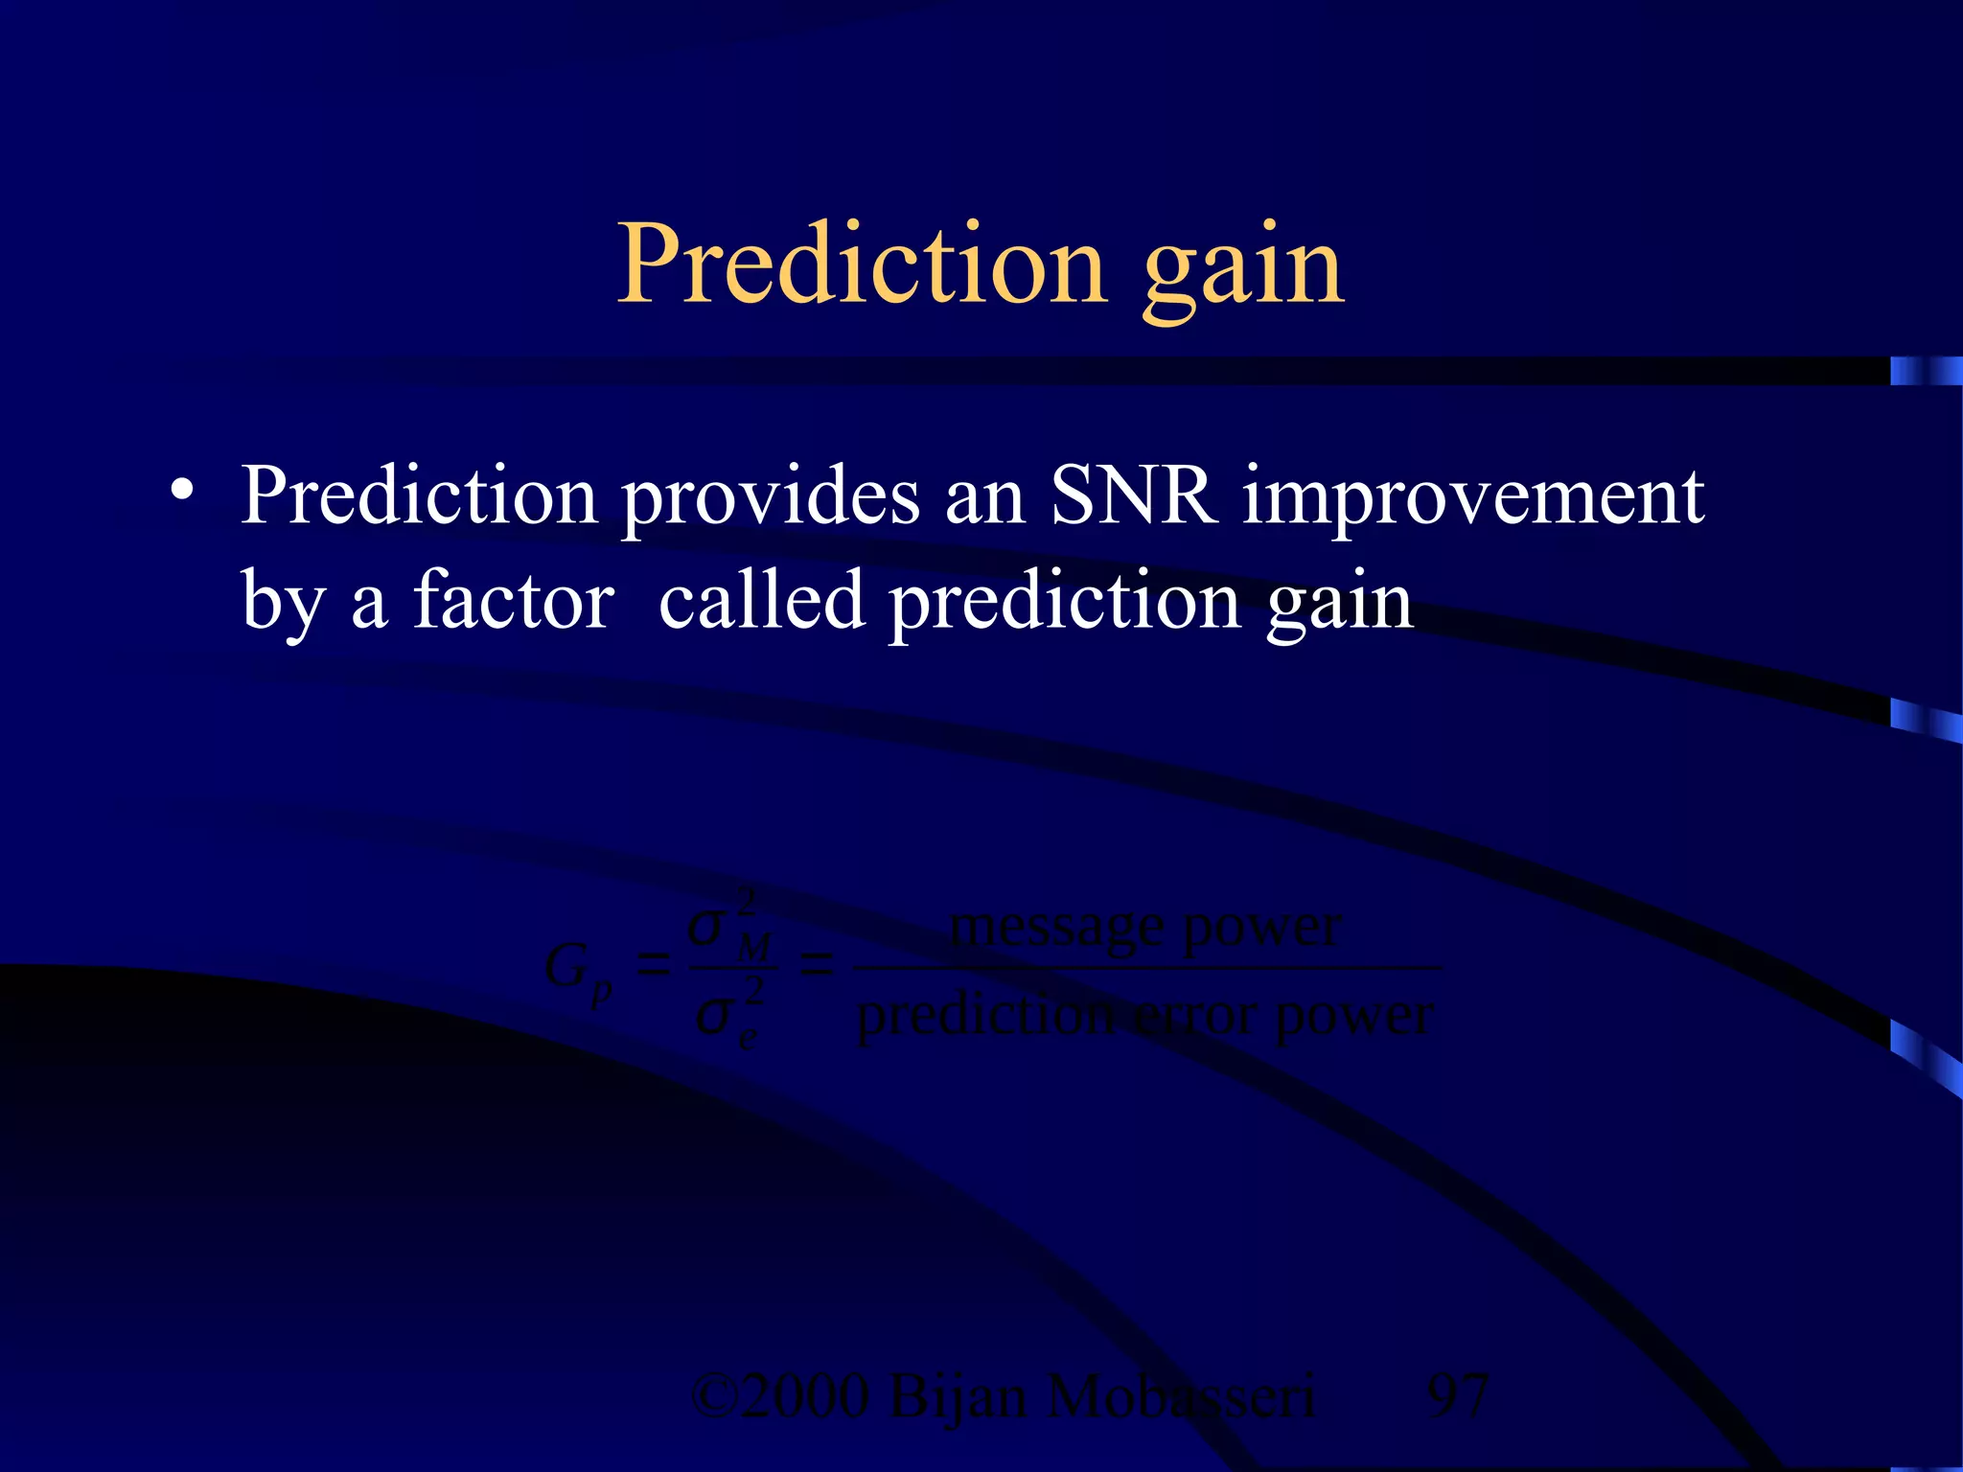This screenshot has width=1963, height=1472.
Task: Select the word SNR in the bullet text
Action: point(1134,496)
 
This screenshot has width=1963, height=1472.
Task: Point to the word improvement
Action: point(1473,498)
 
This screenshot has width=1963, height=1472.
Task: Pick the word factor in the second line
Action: point(514,601)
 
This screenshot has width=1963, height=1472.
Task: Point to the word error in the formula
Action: point(1193,1015)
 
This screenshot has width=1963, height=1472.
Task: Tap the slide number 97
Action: point(1458,1396)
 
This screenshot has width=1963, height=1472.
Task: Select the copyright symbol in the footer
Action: point(714,1396)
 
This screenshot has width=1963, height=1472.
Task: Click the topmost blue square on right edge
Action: point(1925,370)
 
